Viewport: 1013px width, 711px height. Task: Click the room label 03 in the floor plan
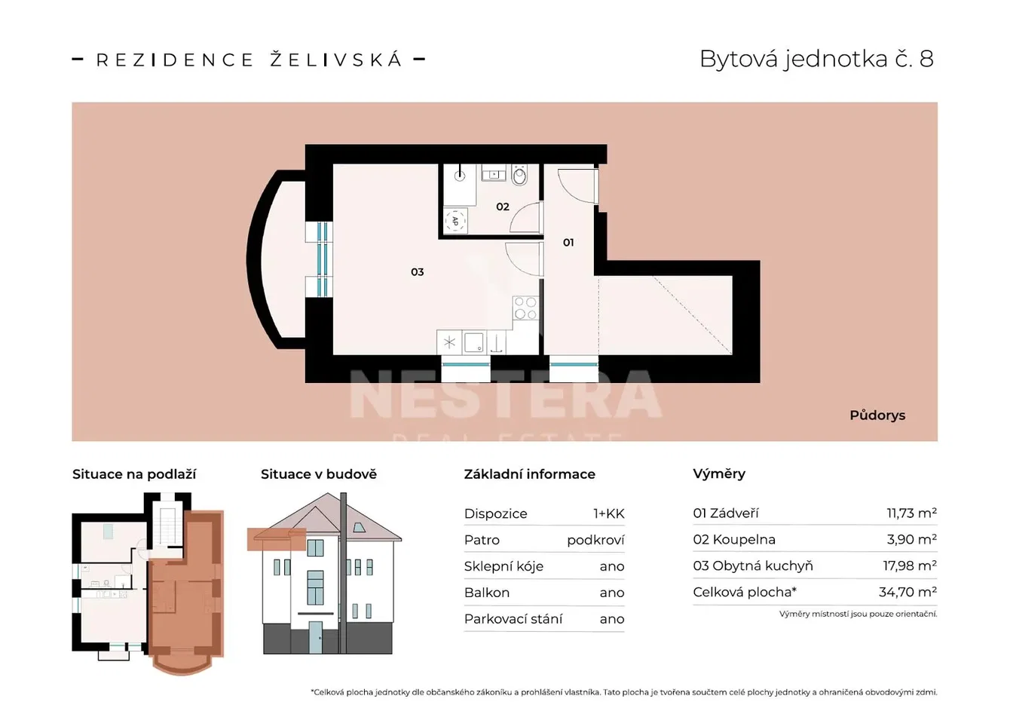(417, 272)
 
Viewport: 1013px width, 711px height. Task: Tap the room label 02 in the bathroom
(503, 207)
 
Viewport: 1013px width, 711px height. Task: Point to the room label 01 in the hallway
(568, 243)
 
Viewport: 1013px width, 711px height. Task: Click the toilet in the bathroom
(519, 176)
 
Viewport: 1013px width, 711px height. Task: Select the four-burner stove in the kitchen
(525, 308)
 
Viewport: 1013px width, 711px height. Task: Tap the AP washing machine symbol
(455, 221)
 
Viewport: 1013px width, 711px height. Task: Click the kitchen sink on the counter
(474, 343)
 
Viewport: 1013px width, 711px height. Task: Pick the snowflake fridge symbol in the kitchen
(449, 342)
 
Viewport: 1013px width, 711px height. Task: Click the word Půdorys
(877, 415)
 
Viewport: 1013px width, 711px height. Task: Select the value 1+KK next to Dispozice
(609, 513)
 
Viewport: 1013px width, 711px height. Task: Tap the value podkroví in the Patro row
(595, 540)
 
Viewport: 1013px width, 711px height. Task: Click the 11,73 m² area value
(911, 513)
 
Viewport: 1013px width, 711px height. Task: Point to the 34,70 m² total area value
(907, 592)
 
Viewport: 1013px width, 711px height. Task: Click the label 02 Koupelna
(734, 540)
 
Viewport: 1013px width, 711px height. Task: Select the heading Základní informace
(530, 474)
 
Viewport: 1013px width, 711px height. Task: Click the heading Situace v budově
(319, 474)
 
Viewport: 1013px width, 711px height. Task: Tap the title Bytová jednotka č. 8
(817, 59)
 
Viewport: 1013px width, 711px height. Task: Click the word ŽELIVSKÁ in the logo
(335, 60)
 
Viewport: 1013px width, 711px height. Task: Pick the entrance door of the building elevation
(316, 637)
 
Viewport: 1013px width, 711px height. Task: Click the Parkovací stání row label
(513, 619)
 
